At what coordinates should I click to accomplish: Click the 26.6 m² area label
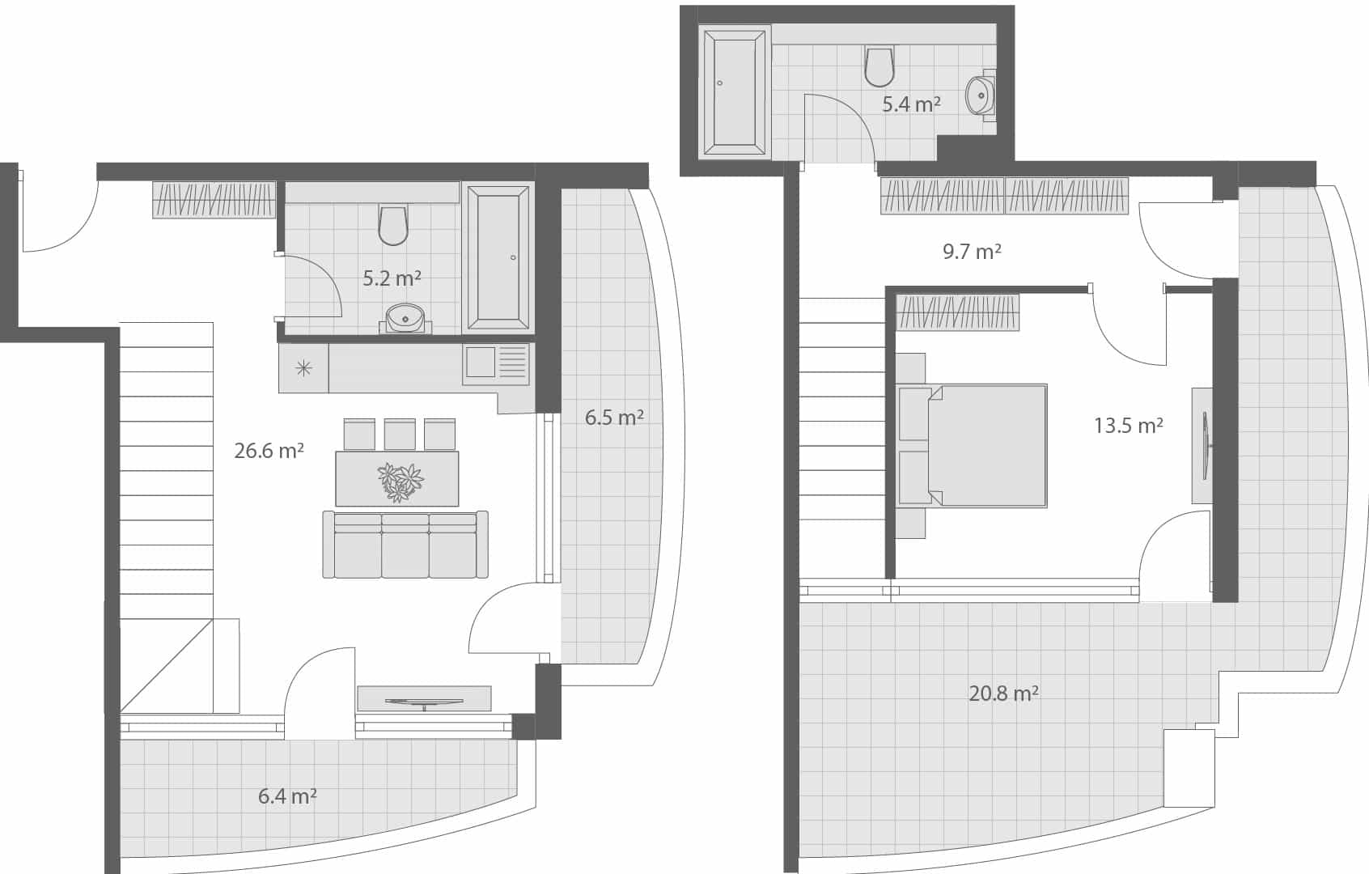(269, 451)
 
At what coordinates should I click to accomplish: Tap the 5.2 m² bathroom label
(392, 278)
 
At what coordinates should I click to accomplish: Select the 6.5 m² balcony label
(614, 418)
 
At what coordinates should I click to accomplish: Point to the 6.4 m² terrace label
(287, 796)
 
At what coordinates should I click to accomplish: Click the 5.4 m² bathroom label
(911, 104)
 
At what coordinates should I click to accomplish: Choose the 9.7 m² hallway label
(972, 252)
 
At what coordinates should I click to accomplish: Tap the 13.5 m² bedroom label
(1129, 426)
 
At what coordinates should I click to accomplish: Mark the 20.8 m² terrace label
(1003, 694)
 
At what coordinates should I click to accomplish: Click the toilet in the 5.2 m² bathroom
(393, 225)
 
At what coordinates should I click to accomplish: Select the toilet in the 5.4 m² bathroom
(879, 66)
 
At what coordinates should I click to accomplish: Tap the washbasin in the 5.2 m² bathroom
(405, 318)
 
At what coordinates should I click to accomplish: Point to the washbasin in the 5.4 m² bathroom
(981, 96)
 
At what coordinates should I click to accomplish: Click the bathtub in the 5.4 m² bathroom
(735, 92)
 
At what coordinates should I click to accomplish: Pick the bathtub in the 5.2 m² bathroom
(498, 257)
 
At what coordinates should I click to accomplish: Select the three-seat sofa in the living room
(405, 545)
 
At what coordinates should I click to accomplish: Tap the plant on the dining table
(401, 482)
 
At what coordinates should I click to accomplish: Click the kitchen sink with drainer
(496, 363)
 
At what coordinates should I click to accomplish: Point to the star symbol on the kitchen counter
(303, 369)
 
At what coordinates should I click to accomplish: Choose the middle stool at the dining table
(400, 434)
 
